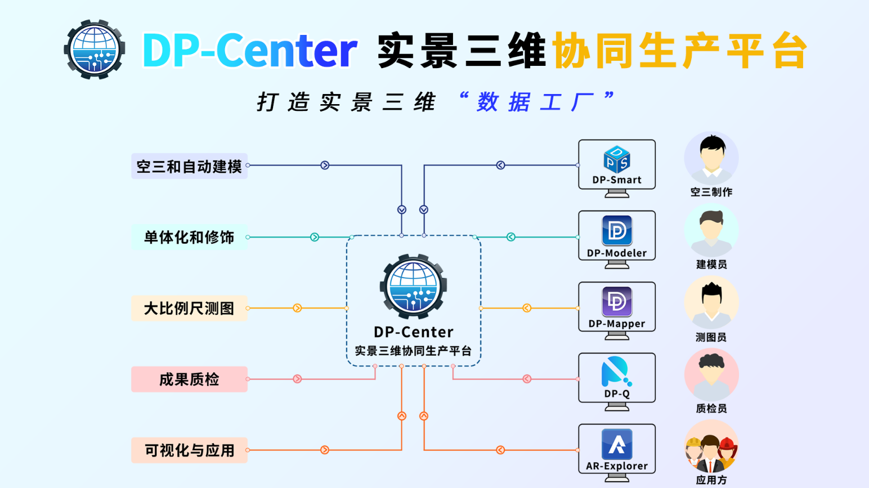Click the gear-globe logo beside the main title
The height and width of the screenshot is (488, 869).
click(95, 50)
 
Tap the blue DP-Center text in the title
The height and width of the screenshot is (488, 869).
click(249, 51)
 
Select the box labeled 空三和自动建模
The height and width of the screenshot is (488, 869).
click(189, 166)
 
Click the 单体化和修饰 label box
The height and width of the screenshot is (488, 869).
click(189, 237)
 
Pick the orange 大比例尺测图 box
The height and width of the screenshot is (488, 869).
click(189, 308)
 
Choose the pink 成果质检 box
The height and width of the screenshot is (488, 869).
click(189, 379)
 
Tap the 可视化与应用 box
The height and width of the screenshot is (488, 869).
click(189, 450)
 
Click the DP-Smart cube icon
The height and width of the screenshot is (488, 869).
click(617, 159)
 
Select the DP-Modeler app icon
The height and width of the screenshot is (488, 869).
click(617, 230)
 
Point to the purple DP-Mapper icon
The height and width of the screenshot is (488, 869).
click(617, 302)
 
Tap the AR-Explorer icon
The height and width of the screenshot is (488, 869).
click(617, 444)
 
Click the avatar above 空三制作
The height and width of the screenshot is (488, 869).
click(711, 157)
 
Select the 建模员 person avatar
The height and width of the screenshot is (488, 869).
click(711, 230)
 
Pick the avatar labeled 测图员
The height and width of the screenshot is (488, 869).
click(711, 302)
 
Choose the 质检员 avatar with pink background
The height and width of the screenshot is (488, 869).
click(711, 374)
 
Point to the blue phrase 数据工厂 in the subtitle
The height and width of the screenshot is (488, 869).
click(535, 102)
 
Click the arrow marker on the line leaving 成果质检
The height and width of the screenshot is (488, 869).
click(297, 379)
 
